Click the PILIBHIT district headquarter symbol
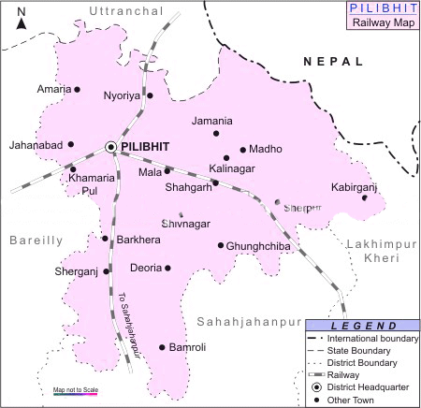[x=111, y=147]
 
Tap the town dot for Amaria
[x=77, y=90]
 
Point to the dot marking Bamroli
[x=162, y=347]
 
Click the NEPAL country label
[x=332, y=61]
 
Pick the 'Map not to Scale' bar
[x=76, y=394]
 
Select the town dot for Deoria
[x=168, y=269]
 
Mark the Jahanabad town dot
[x=71, y=146]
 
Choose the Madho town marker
[x=242, y=150]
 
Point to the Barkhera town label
[x=138, y=240]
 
